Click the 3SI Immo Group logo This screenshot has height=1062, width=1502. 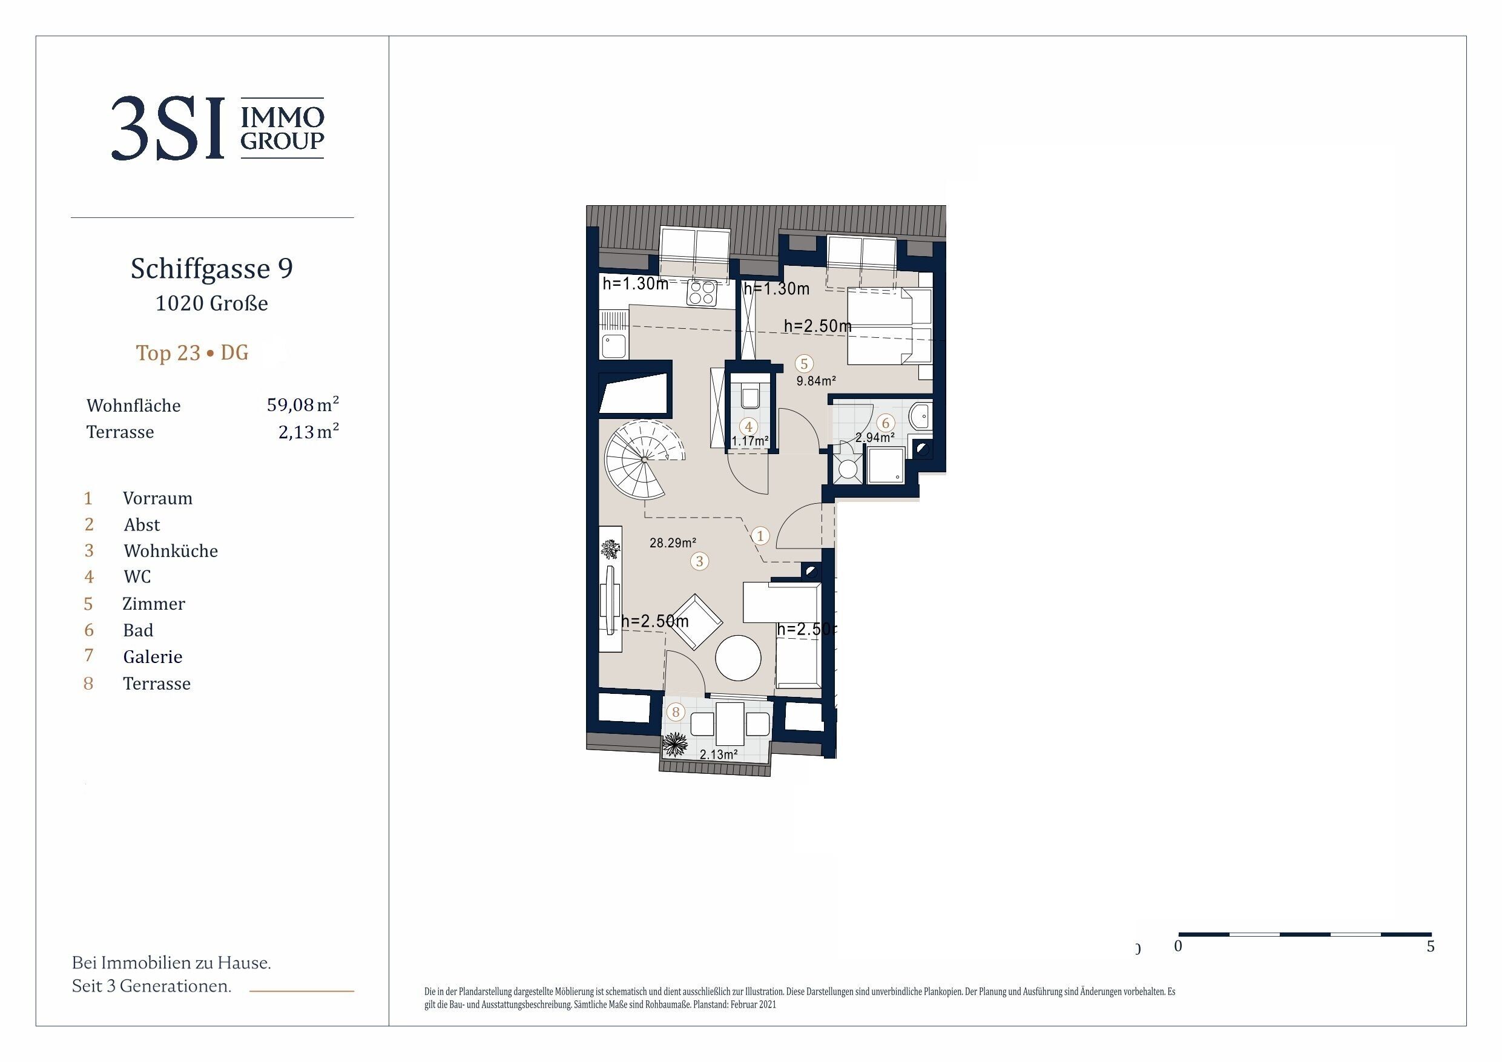coord(217,128)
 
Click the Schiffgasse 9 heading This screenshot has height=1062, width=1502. coord(212,268)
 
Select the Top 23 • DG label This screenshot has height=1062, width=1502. coord(193,353)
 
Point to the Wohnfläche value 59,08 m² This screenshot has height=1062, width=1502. coord(303,404)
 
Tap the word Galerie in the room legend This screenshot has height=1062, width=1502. coord(153,656)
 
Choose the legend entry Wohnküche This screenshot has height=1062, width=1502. coord(171,550)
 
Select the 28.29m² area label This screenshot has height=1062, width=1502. coord(673,543)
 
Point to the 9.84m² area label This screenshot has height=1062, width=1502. coord(815,381)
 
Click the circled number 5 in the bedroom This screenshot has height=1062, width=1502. coord(804,364)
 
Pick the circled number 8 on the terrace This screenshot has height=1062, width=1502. coord(676,712)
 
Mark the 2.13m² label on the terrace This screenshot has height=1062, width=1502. coord(718,754)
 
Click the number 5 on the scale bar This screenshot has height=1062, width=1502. coord(1431,946)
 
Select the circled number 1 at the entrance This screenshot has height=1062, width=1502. coord(760,536)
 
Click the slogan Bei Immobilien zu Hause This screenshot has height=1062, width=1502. coord(171,963)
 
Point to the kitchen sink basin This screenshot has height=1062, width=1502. coord(157,347)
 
